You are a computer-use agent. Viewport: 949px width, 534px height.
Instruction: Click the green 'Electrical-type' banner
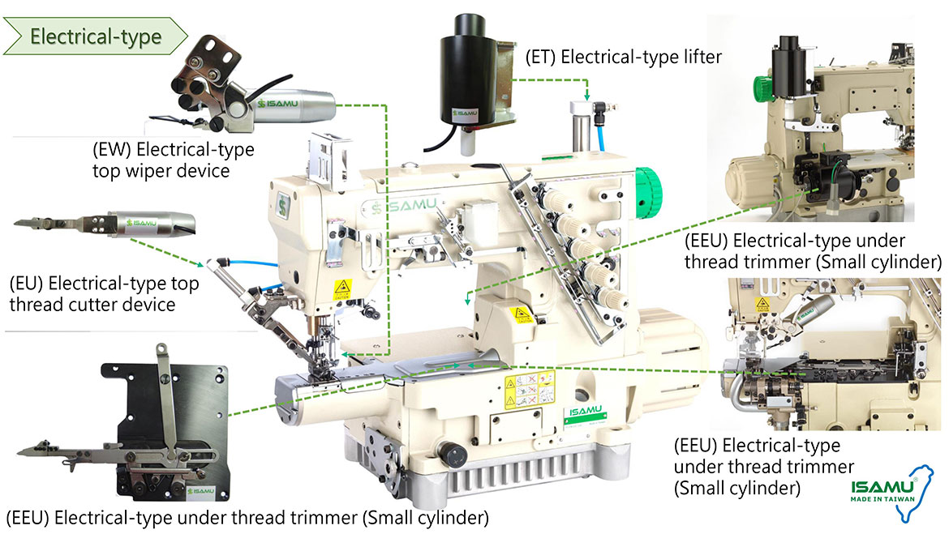96,36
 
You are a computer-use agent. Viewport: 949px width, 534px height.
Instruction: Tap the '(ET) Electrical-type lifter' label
623,57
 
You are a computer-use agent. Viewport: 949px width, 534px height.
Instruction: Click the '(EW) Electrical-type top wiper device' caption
173,160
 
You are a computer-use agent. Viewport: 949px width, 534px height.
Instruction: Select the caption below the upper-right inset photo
812,251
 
